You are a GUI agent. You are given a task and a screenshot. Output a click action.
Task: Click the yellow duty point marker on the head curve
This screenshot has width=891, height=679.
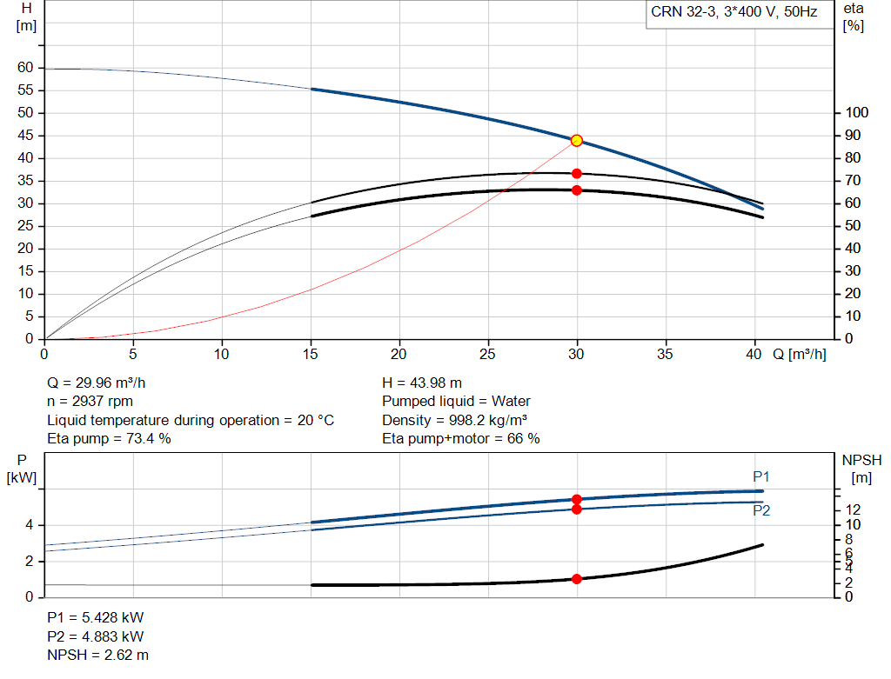pos(576,140)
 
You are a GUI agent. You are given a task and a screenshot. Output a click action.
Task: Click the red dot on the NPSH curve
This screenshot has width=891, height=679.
pos(576,579)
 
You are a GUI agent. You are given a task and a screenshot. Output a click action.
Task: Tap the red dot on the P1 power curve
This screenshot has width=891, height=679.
pos(576,500)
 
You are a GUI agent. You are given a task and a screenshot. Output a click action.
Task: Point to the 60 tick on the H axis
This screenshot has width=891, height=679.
pos(25,68)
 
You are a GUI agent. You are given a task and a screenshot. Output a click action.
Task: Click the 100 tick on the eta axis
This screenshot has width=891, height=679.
pos(857,112)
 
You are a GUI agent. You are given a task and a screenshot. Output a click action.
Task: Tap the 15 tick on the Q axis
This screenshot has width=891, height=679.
pos(311,354)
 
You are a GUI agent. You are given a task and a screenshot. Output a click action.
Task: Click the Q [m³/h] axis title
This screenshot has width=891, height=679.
pos(800,354)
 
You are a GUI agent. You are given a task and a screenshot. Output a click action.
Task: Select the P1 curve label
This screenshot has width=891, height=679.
pos(760,477)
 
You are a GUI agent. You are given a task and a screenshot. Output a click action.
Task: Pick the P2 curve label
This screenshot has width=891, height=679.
pos(761,510)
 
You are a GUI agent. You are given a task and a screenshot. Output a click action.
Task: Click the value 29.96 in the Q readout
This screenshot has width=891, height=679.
pos(94,383)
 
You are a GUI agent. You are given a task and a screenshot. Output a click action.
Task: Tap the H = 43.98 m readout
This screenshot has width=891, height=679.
pos(422,383)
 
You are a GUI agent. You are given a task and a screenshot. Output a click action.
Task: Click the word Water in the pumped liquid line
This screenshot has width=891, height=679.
pos(511,402)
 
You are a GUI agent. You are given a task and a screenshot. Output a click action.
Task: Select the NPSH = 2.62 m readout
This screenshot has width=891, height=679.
pos(97,656)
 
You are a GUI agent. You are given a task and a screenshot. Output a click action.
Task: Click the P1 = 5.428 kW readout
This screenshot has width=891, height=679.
pos(96,617)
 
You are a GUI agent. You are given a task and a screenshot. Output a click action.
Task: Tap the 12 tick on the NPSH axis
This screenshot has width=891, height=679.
pos(853,509)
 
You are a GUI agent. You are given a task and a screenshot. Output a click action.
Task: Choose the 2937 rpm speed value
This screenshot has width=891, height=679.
pos(103,402)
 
